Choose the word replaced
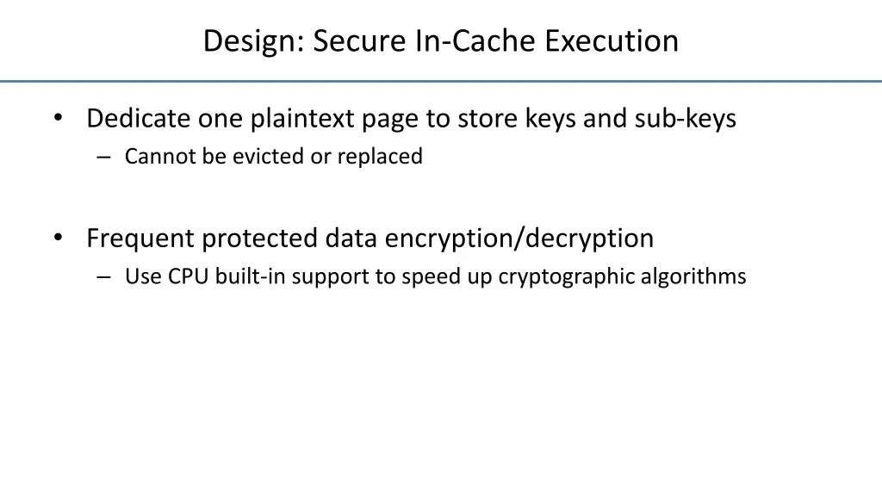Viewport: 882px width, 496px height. pos(380,157)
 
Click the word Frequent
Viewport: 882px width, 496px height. pos(139,238)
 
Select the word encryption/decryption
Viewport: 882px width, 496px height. pos(519,238)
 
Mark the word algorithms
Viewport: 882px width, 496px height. pos(694,276)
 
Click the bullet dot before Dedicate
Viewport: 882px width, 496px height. pos(58,119)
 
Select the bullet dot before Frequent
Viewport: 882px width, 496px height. pos(58,239)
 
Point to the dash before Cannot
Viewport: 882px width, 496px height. pos(104,158)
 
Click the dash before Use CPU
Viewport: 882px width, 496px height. pos(104,277)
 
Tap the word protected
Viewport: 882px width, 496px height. pos(260,238)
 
